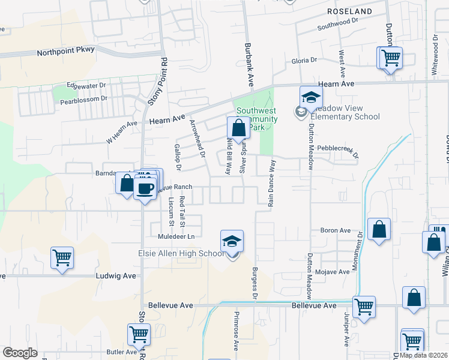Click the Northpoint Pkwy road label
[65, 52]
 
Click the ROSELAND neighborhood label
[349, 11]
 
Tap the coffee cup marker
[145, 189]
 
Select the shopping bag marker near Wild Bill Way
[238, 128]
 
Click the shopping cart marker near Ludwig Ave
[62, 258]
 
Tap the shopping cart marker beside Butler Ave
[139, 334]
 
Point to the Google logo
[20, 353]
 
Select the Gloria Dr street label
[304, 61]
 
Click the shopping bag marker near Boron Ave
[379, 229]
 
